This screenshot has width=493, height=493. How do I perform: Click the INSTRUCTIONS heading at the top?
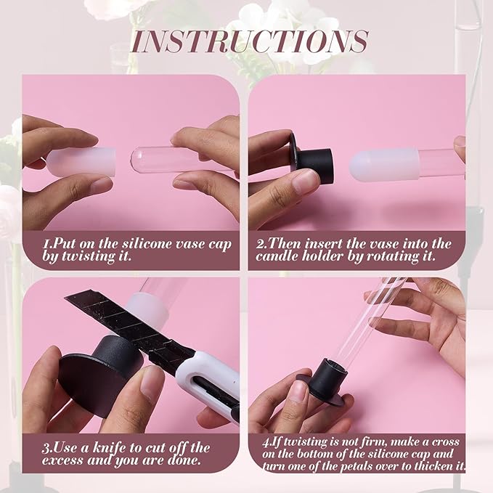[250, 41]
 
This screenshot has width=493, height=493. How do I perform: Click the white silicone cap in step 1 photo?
[82, 163]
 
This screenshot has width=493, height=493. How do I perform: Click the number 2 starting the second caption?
[260, 244]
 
